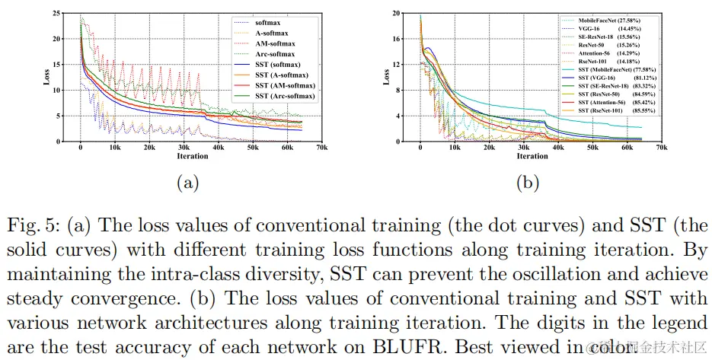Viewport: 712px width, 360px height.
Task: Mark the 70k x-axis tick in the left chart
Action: pos(319,147)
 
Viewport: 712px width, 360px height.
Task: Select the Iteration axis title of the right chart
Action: pos(532,156)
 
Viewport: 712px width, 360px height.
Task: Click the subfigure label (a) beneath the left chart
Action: pos(187,183)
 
